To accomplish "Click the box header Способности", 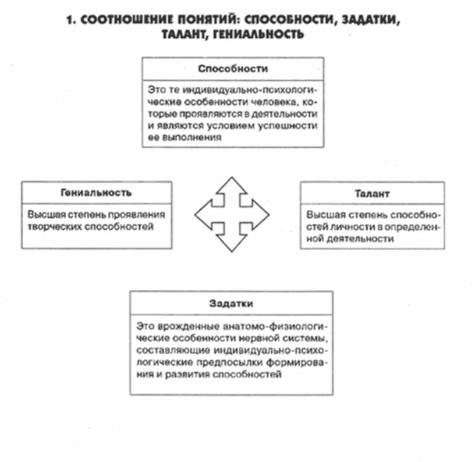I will (233, 69).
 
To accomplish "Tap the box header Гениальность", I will (96, 193).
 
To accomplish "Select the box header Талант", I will (371, 193).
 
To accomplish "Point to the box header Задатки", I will (231, 304).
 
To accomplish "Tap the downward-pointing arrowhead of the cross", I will (231, 245).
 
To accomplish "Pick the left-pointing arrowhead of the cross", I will (201, 215).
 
